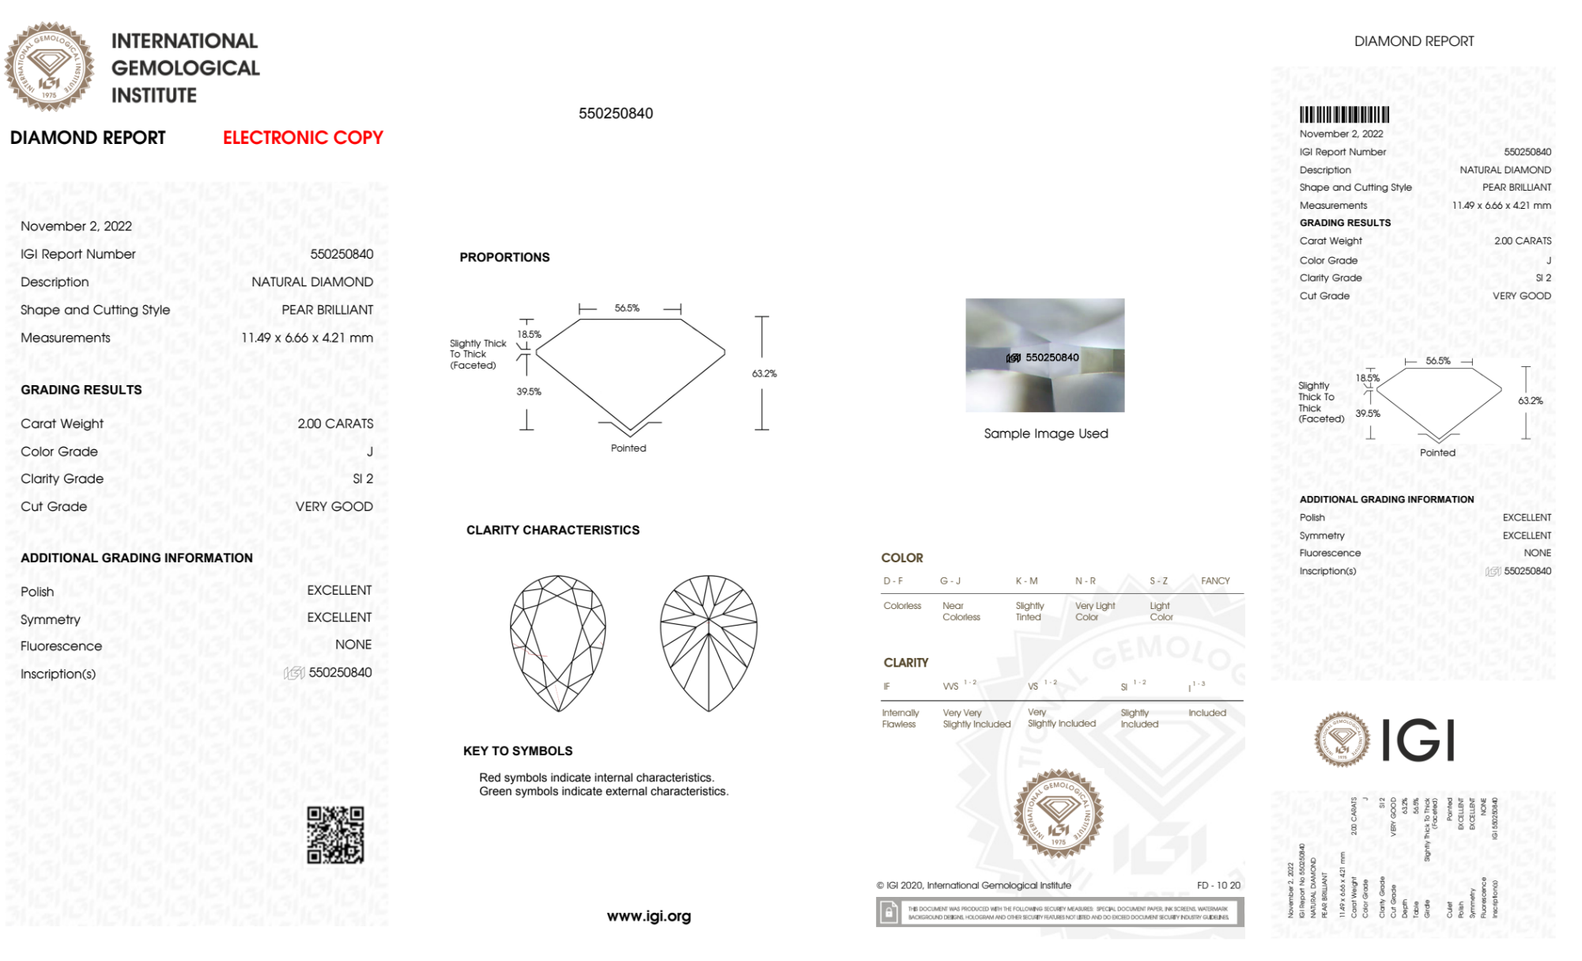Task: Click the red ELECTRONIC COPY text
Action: tap(303, 138)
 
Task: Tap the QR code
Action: tap(335, 834)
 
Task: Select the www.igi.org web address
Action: tap(648, 916)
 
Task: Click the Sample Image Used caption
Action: tap(1045, 433)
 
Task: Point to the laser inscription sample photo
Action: tap(1044, 355)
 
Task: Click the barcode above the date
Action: tap(1344, 115)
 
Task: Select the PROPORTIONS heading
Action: tap(504, 257)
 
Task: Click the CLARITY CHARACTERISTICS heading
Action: tap(553, 530)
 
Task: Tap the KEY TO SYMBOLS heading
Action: tap(518, 751)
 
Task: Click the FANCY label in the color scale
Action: tap(1215, 581)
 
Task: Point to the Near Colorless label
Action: tap(961, 611)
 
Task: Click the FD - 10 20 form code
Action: tap(1218, 885)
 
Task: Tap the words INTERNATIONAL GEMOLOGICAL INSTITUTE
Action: tap(185, 68)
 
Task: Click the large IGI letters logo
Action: tap(1418, 740)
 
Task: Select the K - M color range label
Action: tap(1026, 581)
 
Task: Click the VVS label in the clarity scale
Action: tap(950, 687)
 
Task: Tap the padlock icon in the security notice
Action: tap(889, 913)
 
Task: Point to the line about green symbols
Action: tap(603, 791)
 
